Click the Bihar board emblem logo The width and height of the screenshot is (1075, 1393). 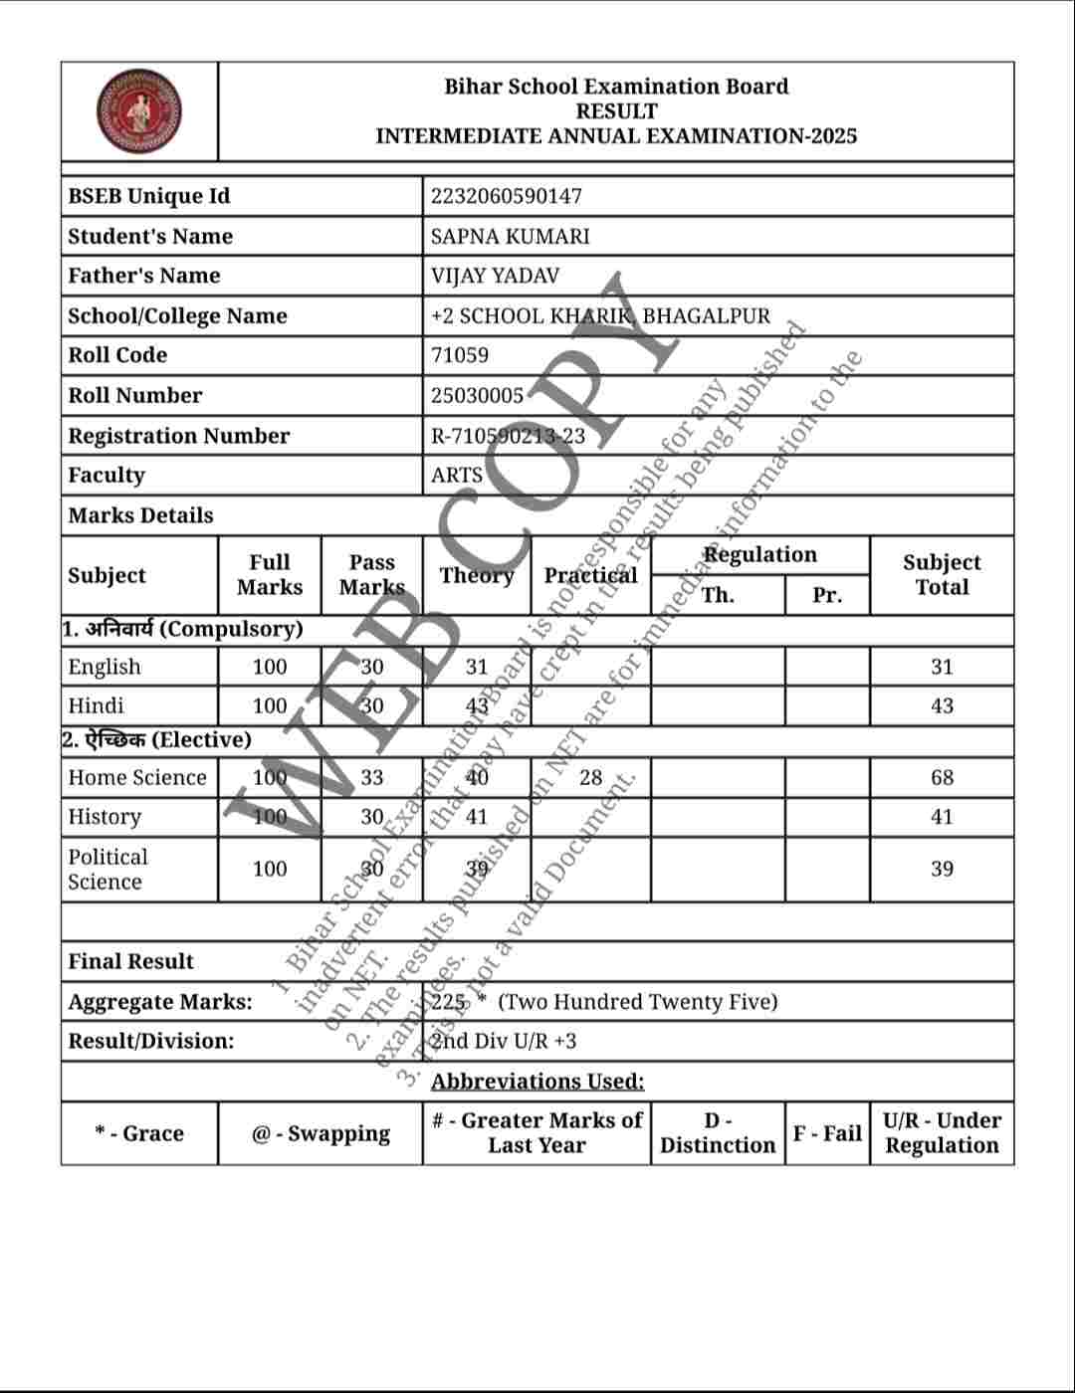[139, 110]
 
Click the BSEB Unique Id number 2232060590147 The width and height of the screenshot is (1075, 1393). [506, 196]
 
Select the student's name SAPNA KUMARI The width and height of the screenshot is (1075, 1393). [510, 236]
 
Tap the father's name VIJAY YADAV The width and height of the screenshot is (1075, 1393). [495, 276]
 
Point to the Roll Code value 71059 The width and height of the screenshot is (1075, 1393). [459, 355]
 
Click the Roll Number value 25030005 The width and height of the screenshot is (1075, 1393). [477, 395]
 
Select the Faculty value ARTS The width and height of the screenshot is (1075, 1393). [456, 475]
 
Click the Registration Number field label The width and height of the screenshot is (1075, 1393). [178, 435]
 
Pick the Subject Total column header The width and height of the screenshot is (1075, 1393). [942, 574]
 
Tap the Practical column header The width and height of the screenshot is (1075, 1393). [590, 575]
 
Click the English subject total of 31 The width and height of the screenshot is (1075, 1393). [942, 667]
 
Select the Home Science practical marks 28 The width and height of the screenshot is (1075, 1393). [590, 777]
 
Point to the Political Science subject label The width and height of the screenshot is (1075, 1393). [107, 869]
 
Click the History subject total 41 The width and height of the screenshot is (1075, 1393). [942, 817]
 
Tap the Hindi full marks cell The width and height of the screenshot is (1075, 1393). [269, 705]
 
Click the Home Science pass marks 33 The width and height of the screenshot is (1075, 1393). [371, 777]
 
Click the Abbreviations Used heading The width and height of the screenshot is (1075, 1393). [537, 1082]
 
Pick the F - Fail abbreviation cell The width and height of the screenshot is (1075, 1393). [826, 1133]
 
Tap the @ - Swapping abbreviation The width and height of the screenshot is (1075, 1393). [321, 1133]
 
